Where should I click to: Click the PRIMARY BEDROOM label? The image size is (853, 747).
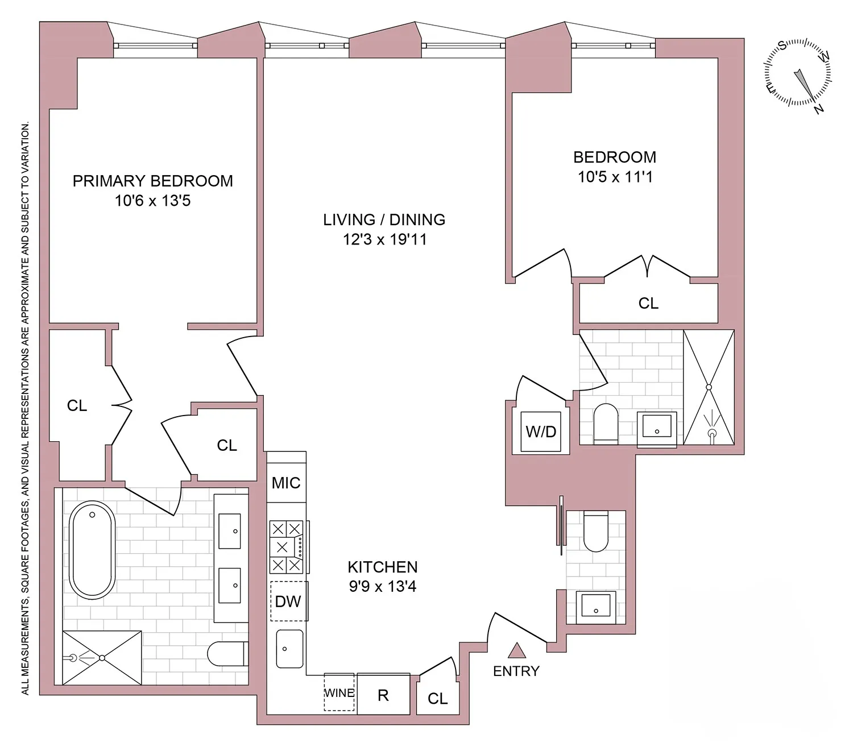point(152,181)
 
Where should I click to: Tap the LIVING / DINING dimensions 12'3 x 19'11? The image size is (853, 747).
point(384,239)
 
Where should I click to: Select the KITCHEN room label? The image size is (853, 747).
point(382,567)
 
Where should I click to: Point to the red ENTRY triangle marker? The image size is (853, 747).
point(516,650)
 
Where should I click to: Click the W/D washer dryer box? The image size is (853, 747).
point(541,431)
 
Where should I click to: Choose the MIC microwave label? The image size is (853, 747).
point(286,483)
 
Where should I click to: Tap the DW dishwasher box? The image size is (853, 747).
point(288,601)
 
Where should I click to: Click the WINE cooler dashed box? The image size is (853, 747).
point(339,692)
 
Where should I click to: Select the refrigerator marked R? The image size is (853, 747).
point(383,695)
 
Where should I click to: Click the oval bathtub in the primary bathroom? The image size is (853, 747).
point(92,551)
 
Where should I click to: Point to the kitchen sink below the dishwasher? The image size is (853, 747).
point(290,649)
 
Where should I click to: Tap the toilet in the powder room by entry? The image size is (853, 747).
point(596,531)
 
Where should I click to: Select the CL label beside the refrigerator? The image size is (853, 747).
point(437,698)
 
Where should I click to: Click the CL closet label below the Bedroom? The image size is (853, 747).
point(648,304)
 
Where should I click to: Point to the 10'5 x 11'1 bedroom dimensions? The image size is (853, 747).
point(615,177)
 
